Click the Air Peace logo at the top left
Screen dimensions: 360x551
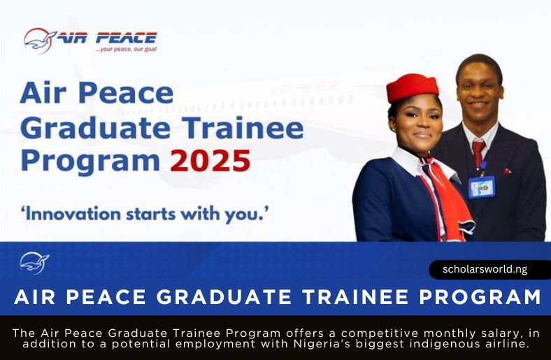(x=90, y=40)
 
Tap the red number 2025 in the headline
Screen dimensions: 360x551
(x=210, y=161)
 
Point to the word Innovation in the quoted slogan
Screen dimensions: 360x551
(x=70, y=213)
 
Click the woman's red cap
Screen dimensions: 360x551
(x=412, y=87)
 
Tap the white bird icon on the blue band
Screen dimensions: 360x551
(x=34, y=263)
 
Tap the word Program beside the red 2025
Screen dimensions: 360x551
(x=90, y=161)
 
